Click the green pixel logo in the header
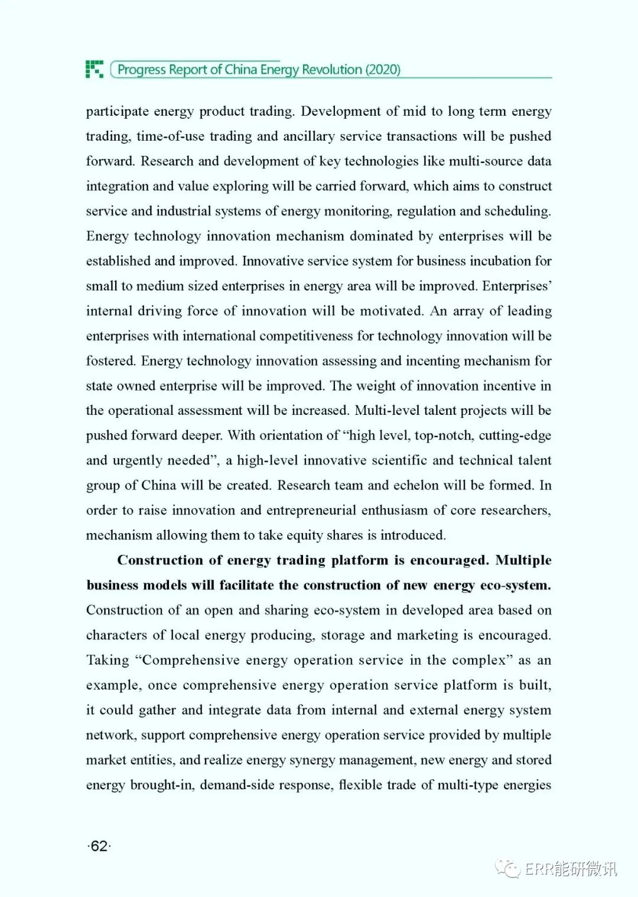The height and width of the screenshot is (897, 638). pos(95,69)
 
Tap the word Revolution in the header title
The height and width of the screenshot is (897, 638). pos(332,70)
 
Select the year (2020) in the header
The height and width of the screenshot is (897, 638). pos(383,70)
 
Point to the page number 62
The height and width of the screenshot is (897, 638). pos(99,846)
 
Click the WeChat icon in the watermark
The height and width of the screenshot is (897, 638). pos(507,868)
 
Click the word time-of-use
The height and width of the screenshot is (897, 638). pos(170,136)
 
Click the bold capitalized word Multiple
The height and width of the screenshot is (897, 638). pos(523,560)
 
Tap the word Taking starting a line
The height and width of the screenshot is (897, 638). pos(108,660)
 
